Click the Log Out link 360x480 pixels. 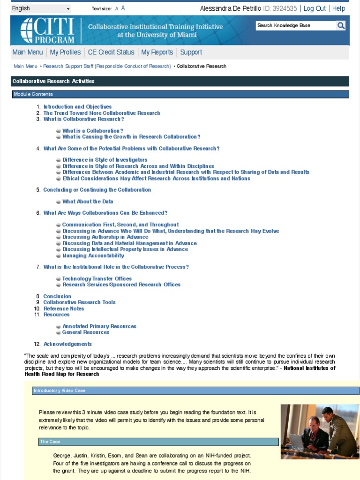tap(315, 8)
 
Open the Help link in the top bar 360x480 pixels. tap(338, 8)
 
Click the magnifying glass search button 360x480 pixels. tap(341, 26)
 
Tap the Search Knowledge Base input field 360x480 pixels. tap(295, 26)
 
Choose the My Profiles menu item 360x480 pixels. tap(65, 52)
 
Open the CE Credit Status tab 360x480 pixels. tap(111, 52)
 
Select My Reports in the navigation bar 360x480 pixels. tap(157, 52)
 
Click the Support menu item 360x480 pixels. tap(191, 52)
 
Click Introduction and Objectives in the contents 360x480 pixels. tap(77, 107)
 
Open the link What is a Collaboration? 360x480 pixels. tap(93, 131)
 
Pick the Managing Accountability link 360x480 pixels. tap(93, 256)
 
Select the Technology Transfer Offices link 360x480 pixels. tap(97, 279)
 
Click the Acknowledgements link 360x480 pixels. tap(67, 344)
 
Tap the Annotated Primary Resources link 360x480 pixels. tap(99, 326)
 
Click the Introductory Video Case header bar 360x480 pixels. tap(195, 391)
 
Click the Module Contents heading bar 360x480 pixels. tap(180, 94)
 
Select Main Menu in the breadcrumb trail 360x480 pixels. tap(25, 66)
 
